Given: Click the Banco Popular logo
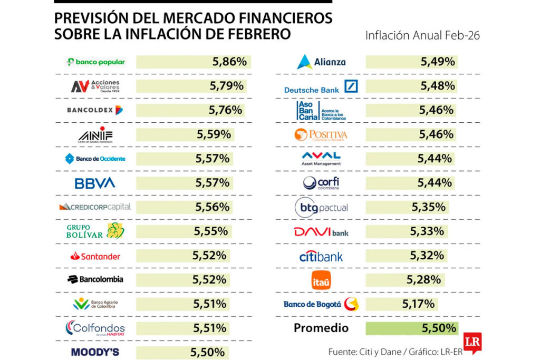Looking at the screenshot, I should tap(95, 62).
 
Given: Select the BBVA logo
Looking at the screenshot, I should tap(95, 183).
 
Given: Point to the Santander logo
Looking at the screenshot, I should tap(95, 256).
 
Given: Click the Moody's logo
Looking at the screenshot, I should tap(95, 352).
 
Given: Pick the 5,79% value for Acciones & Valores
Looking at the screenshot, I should tap(226, 86).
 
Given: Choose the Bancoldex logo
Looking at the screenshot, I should tap(95, 110).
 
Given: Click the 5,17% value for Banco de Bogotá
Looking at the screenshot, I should tap(418, 304).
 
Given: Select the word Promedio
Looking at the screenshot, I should tap(321, 328).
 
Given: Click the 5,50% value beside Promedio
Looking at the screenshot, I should tap(439, 328).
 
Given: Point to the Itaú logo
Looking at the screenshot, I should tap(321, 280).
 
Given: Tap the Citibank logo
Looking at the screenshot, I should tap(321, 256).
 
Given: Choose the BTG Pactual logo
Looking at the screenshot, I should tap(321, 207).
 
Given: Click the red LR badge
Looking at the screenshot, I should tap(472, 340).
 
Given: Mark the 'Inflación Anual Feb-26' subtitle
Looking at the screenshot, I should tap(422, 36).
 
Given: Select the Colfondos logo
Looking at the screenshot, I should tap(95, 328).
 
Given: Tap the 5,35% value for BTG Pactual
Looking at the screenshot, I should tap(429, 207).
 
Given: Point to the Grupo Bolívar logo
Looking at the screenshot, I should tap(95, 231).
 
